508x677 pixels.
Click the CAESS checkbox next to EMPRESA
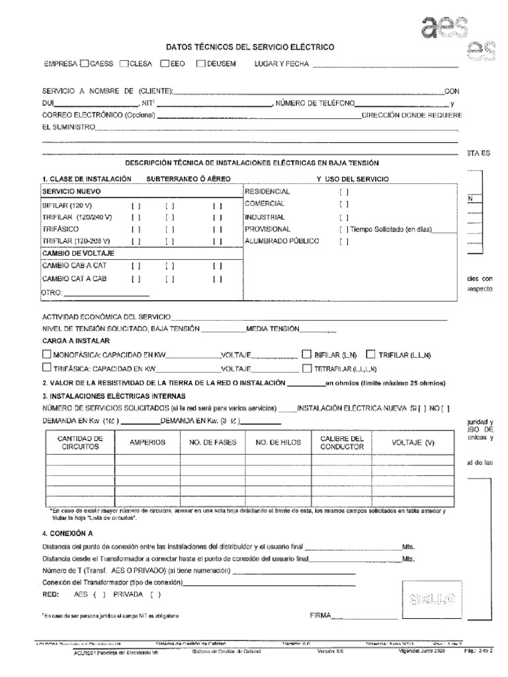point(84,64)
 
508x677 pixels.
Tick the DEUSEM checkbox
point(201,64)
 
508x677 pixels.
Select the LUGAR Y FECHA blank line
point(385,66)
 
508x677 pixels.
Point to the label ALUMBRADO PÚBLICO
point(282,241)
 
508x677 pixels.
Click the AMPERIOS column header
point(148,442)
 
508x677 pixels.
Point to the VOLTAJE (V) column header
point(413,442)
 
